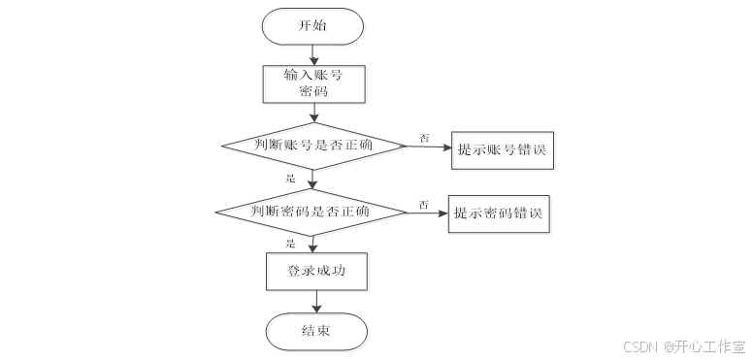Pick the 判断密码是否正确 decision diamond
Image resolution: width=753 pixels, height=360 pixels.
[311, 211]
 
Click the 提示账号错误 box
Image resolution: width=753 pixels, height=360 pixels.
[504, 150]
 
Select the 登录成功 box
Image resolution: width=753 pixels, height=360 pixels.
[315, 271]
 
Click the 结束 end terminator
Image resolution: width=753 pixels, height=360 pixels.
[316, 331]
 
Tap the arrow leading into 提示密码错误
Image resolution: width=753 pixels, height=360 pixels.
[427, 213]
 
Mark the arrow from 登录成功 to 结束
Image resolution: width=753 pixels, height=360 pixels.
[316, 302]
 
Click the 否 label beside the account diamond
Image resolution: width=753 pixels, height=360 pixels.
[424, 139]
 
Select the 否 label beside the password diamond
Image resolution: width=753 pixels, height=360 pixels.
[423, 204]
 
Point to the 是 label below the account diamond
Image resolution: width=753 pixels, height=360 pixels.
[290, 179]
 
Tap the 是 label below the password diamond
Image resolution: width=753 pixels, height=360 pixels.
[290, 243]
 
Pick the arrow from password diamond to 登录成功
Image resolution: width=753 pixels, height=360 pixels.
[312, 244]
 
